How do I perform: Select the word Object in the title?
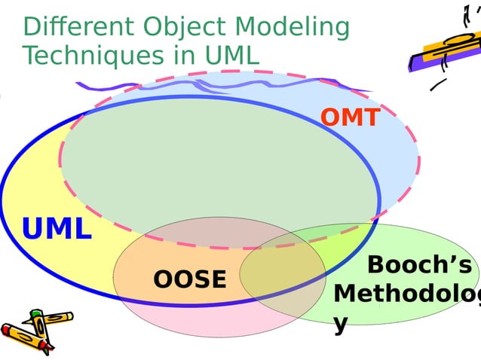coord(174,27)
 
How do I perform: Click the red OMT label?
coord(350,117)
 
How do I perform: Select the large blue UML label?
coord(57,229)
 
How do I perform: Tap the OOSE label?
coord(189,279)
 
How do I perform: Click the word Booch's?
coord(419,266)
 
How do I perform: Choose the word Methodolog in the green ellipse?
coord(407,294)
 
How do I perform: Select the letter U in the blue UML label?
coord(33,229)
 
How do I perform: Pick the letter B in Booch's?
coord(376,266)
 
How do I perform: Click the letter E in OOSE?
coord(218,279)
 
